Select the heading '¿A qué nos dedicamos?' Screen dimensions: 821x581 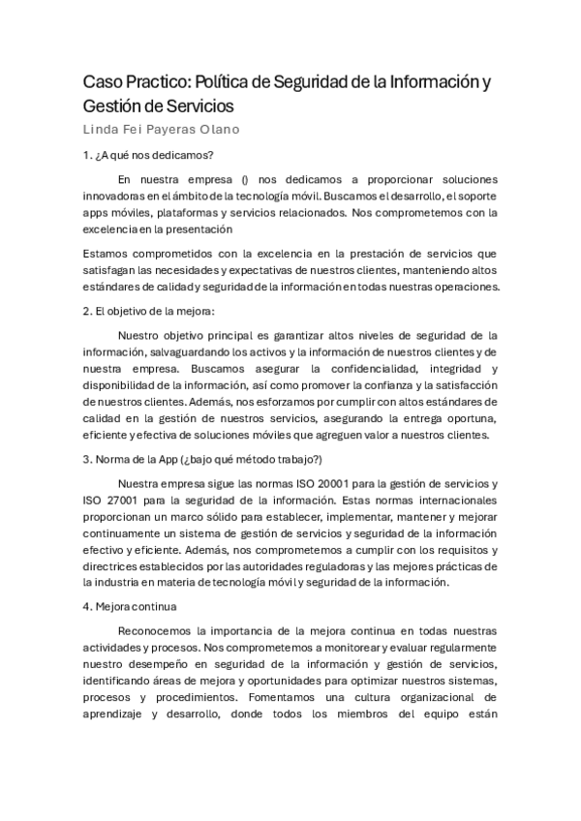click(x=155, y=155)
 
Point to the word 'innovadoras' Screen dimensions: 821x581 click(x=121, y=197)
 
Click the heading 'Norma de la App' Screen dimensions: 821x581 click(x=145, y=459)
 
